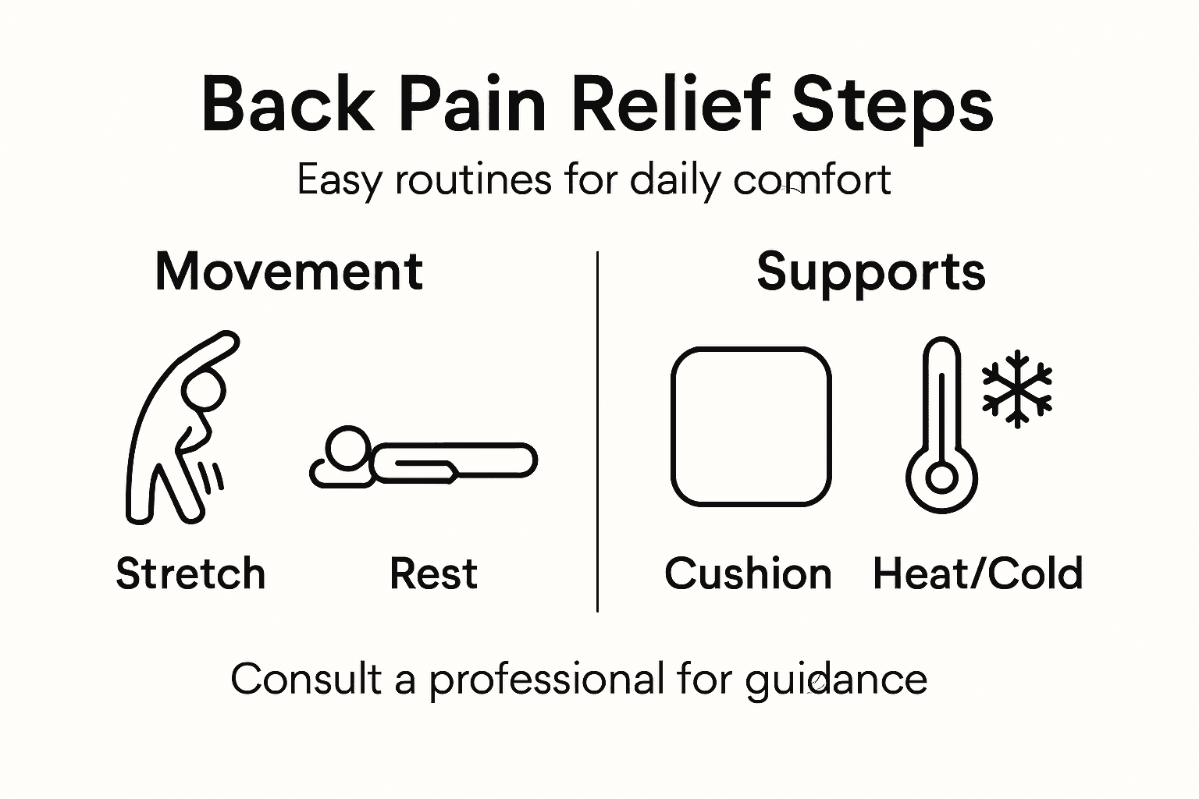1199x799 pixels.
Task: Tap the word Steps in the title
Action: click(x=892, y=106)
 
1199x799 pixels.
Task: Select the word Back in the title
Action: click(x=288, y=105)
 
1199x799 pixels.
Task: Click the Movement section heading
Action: click(x=289, y=272)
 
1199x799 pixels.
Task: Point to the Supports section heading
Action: click(x=870, y=272)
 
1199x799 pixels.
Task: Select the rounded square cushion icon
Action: click(x=751, y=426)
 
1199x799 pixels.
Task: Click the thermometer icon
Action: click(x=942, y=425)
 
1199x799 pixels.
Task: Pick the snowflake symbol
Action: click(x=1016, y=389)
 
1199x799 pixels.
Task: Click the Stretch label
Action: click(x=190, y=574)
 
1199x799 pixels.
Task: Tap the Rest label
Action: click(x=433, y=574)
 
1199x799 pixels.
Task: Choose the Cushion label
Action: click(x=748, y=574)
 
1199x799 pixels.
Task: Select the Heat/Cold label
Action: click(x=977, y=574)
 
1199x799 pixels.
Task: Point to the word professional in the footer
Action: click(x=546, y=679)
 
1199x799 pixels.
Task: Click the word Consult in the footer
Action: click(x=306, y=679)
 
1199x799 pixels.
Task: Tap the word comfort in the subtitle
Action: click(x=812, y=180)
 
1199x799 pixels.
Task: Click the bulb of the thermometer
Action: click(x=942, y=478)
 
